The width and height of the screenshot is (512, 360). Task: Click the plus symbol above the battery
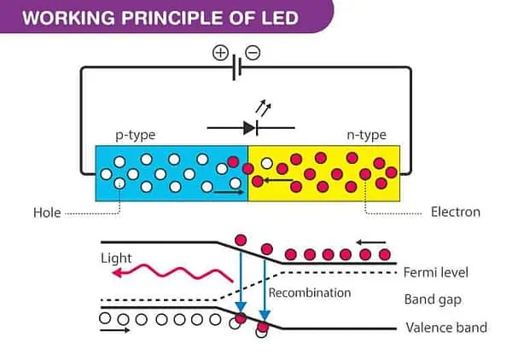point(220,53)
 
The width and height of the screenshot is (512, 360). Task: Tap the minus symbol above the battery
point(252,53)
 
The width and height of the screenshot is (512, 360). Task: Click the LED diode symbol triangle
point(248,128)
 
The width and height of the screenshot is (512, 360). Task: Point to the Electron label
point(456,212)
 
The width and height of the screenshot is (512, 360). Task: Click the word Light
point(117,258)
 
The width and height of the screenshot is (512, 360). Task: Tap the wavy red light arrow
point(174,272)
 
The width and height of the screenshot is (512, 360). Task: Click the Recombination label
point(310,293)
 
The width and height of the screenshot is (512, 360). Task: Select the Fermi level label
point(436,272)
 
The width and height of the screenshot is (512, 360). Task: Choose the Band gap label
point(431,299)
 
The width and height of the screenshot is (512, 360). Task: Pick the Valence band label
point(446,328)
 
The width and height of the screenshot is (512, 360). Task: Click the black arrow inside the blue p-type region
point(228,192)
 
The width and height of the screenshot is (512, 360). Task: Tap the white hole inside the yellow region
point(268,163)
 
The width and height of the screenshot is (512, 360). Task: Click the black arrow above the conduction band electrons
point(375,241)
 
